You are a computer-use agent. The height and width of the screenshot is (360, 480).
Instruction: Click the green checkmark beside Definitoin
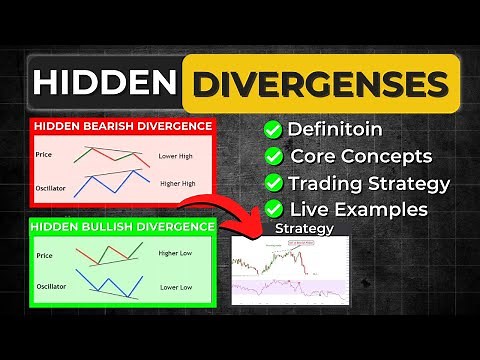pos(271,131)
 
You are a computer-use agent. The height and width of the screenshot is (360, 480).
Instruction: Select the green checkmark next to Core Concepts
pos(271,157)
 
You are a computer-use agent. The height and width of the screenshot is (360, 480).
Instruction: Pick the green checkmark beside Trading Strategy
pos(271,183)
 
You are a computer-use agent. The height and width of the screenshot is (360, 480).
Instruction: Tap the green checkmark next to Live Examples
pos(271,209)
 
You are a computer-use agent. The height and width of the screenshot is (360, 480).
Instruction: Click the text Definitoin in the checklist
pos(335,131)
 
